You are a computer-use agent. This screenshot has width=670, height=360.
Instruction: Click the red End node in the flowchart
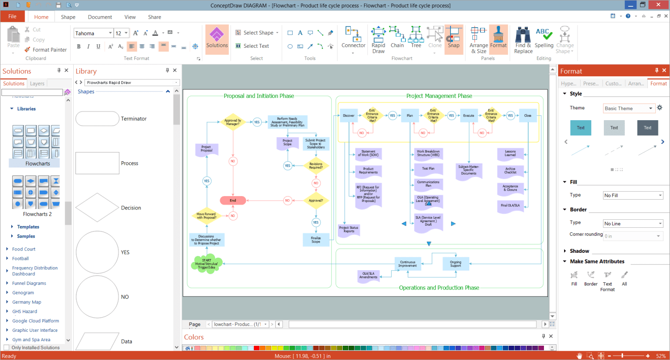click(x=233, y=201)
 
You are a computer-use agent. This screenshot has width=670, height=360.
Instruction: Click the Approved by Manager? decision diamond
click(x=233, y=122)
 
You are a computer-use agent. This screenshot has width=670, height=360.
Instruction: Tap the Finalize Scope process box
click(x=316, y=240)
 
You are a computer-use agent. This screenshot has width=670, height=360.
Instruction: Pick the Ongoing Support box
click(x=455, y=264)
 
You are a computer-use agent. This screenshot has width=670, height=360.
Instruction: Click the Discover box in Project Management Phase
click(x=348, y=116)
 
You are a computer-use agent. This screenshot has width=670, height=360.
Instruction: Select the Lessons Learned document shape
click(x=510, y=154)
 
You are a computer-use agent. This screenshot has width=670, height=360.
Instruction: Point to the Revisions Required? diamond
click(x=316, y=166)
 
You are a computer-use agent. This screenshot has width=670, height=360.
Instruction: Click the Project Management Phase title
click(x=439, y=96)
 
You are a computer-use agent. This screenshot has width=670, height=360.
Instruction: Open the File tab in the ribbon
click(x=13, y=17)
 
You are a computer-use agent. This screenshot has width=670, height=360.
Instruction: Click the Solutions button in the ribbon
click(x=217, y=39)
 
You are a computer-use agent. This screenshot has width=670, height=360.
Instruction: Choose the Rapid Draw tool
click(x=378, y=39)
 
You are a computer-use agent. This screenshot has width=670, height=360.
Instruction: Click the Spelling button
click(x=544, y=39)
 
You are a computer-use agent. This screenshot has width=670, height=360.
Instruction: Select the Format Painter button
click(x=46, y=50)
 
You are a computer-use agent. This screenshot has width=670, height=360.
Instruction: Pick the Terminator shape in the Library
click(x=96, y=119)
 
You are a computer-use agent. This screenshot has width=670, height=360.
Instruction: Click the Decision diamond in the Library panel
click(x=96, y=208)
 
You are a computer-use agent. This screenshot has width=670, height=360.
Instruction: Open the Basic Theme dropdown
click(x=628, y=109)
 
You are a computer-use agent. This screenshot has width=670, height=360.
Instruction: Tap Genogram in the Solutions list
click(x=23, y=293)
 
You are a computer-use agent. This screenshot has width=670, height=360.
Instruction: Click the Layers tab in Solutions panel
click(x=37, y=84)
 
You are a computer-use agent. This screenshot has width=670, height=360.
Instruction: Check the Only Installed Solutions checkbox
click(x=6, y=347)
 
